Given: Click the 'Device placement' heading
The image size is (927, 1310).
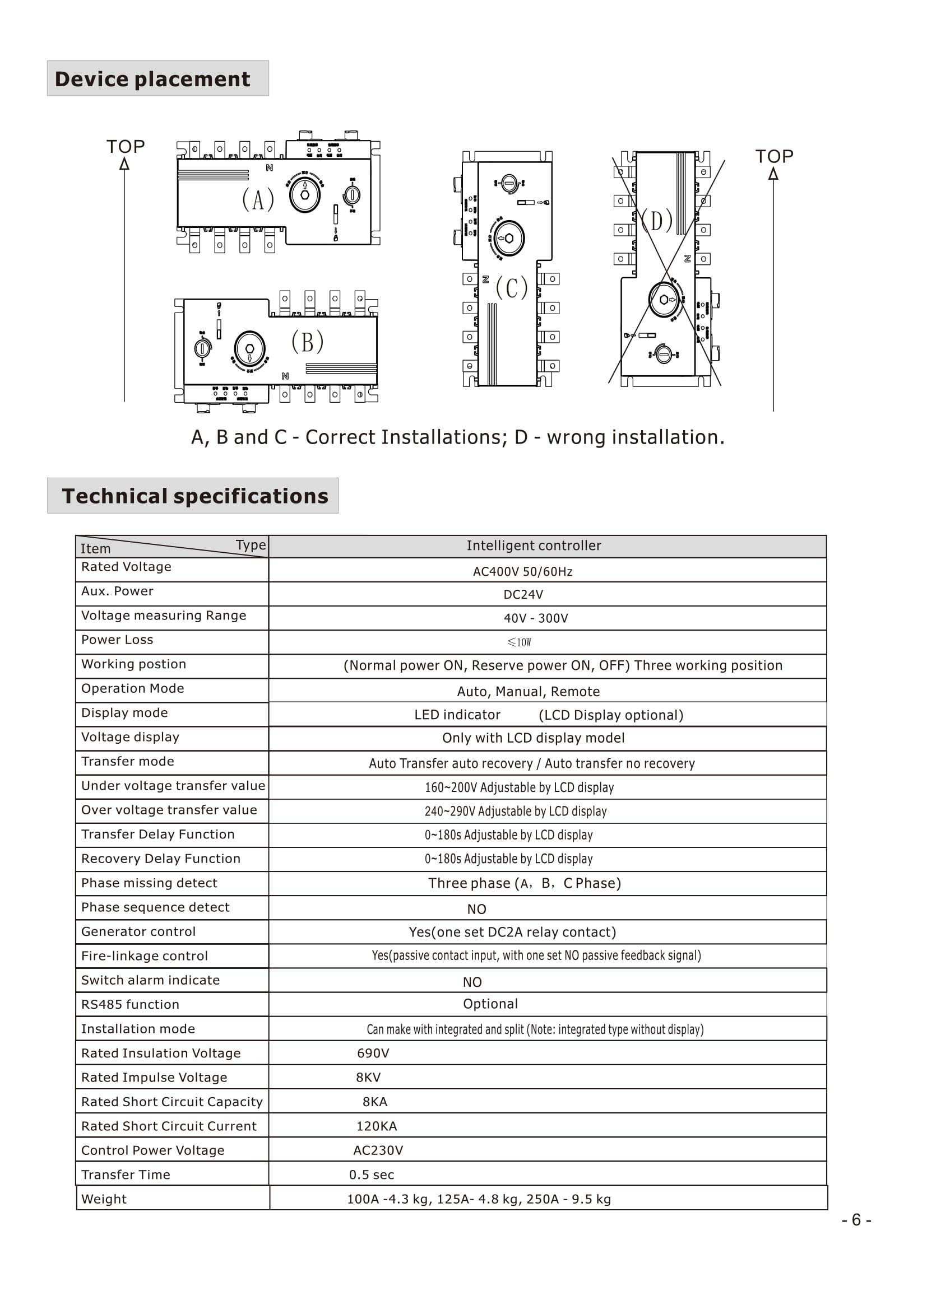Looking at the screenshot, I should pyautogui.click(x=152, y=79).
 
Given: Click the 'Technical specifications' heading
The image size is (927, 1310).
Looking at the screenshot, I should pyautogui.click(x=194, y=496).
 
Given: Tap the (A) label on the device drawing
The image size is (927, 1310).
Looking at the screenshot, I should pyautogui.click(x=258, y=200).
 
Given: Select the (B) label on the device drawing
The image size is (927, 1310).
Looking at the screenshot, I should pyautogui.click(x=307, y=342).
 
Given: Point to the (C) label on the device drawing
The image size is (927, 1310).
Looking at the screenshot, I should pyautogui.click(x=511, y=287).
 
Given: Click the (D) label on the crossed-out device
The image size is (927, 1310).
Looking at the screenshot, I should pyautogui.click(x=657, y=220).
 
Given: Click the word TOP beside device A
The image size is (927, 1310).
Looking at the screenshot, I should pyautogui.click(x=126, y=147).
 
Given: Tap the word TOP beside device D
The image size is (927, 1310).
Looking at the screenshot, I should pyautogui.click(x=774, y=156).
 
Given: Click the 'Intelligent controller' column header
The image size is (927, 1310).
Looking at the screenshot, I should pyautogui.click(x=534, y=546).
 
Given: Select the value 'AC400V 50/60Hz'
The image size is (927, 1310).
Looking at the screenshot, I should pyautogui.click(x=522, y=572).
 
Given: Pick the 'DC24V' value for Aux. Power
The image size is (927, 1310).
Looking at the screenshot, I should pyautogui.click(x=523, y=595).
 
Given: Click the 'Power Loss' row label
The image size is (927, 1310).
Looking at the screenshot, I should pyautogui.click(x=117, y=640).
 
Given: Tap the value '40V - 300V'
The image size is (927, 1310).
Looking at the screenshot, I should pyautogui.click(x=535, y=618).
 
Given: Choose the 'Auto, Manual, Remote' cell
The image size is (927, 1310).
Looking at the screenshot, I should pyautogui.click(x=528, y=692).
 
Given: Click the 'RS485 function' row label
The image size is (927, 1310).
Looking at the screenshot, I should pyautogui.click(x=130, y=1004).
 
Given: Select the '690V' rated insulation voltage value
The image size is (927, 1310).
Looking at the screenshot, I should pyautogui.click(x=373, y=1053).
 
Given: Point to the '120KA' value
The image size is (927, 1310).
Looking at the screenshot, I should pyautogui.click(x=376, y=1126).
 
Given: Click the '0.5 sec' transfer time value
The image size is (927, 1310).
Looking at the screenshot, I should pyautogui.click(x=371, y=1174).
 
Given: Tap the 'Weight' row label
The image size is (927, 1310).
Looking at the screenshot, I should pyautogui.click(x=104, y=1199).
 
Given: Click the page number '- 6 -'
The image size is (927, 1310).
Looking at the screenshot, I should pyautogui.click(x=856, y=1220).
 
